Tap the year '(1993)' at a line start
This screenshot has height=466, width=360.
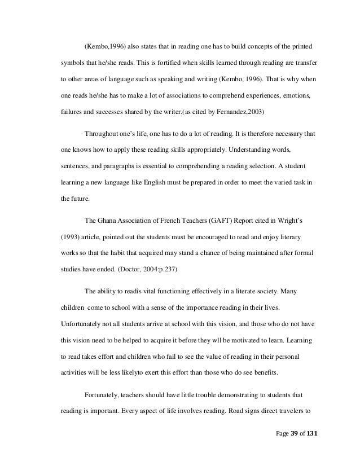point(71,236)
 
